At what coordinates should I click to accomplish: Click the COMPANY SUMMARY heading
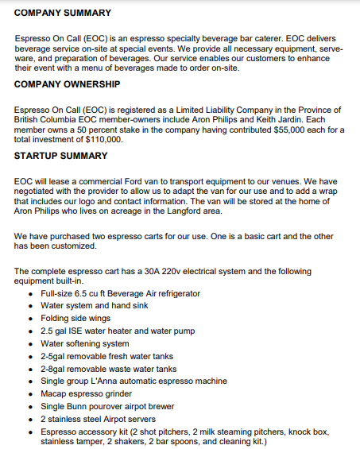(63, 13)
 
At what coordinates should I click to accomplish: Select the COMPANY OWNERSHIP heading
(68, 83)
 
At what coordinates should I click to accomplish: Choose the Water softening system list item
(85, 343)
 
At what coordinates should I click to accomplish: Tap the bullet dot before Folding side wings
(30, 319)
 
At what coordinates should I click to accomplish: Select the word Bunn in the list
(80, 405)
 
